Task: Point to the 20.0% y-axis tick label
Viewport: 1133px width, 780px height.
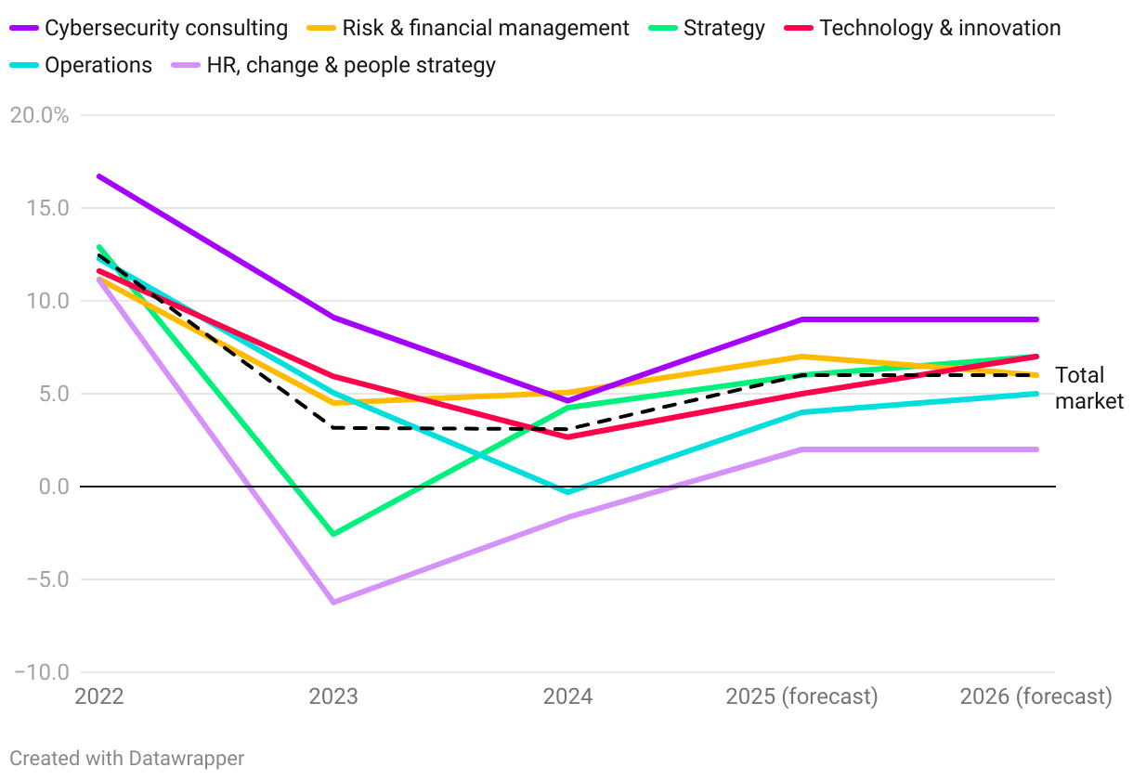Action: pyautogui.click(x=38, y=115)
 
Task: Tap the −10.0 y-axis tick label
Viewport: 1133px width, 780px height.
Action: pyautogui.click(x=42, y=672)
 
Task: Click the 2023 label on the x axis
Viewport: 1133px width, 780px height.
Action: pyautogui.click(x=333, y=696)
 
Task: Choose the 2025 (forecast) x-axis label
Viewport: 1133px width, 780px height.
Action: pyautogui.click(x=801, y=696)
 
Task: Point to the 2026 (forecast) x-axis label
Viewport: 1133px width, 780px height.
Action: pyautogui.click(x=1035, y=696)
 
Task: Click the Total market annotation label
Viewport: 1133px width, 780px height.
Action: pyautogui.click(x=1088, y=388)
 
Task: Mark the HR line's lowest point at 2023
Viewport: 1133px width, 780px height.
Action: pyautogui.click(x=333, y=603)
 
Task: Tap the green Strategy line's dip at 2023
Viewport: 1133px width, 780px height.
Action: pyautogui.click(x=333, y=534)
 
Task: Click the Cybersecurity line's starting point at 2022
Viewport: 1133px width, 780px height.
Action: pyautogui.click(x=98, y=175)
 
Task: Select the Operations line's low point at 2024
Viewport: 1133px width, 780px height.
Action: pyautogui.click(x=567, y=492)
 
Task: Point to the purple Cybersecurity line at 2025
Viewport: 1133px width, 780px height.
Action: pyautogui.click(x=801, y=319)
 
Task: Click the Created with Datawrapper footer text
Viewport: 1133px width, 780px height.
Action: pyautogui.click(x=127, y=758)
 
